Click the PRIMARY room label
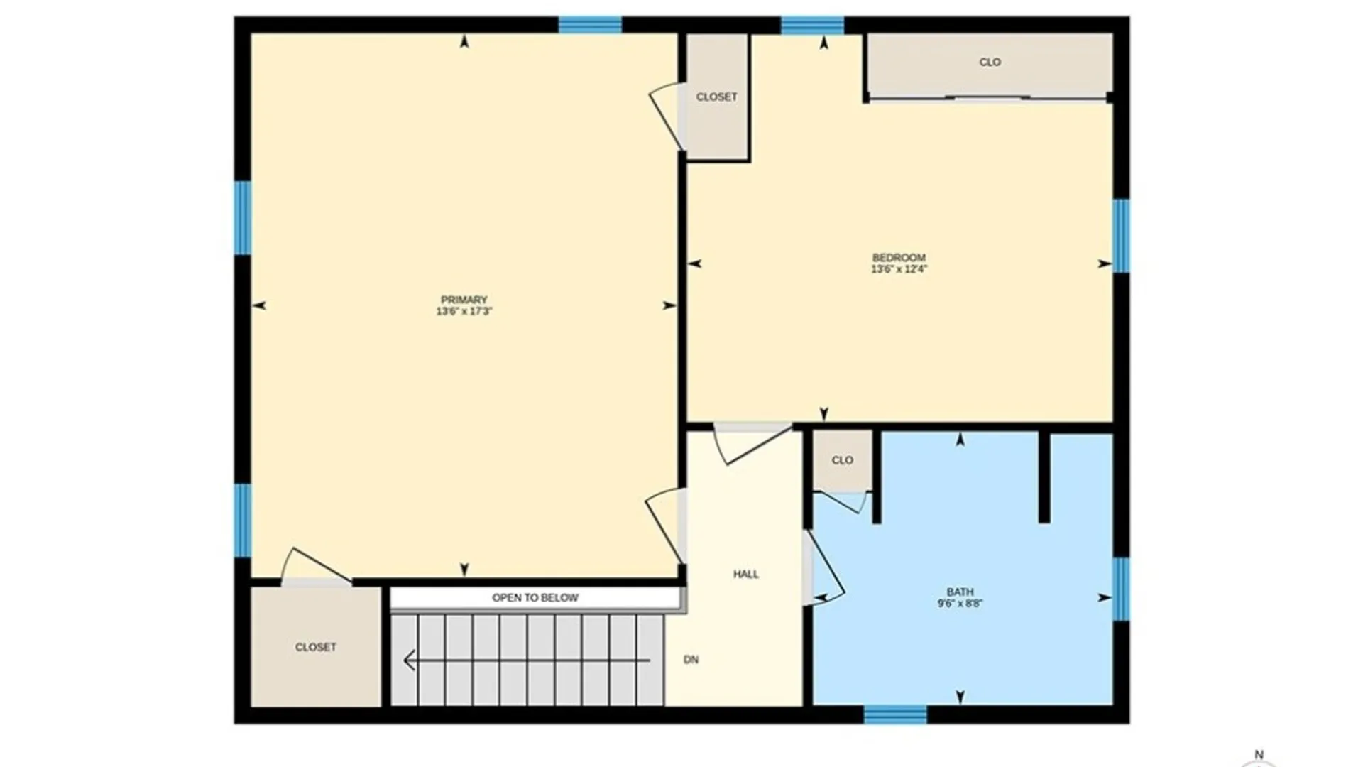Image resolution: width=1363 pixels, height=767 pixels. (464, 300)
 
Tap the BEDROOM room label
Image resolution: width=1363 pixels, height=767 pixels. (899, 257)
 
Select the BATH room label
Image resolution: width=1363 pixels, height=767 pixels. (960, 592)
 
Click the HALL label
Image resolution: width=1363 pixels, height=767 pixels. (746, 574)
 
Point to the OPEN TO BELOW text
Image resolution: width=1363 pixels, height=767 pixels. (535, 598)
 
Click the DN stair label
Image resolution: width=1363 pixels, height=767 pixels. (691, 660)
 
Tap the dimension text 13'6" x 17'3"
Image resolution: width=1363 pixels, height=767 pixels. (464, 311)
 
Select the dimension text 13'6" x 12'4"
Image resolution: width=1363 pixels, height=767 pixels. (899, 269)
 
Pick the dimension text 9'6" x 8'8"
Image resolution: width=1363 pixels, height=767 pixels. (960, 604)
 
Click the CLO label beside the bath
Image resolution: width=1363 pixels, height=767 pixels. (843, 460)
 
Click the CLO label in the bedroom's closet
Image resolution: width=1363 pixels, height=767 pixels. (990, 62)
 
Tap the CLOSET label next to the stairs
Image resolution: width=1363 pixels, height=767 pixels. (316, 647)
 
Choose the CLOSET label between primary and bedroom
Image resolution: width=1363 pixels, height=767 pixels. (716, 97)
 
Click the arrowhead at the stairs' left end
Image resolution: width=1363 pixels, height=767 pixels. (408, 660)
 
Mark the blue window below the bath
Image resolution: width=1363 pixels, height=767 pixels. (895, 714)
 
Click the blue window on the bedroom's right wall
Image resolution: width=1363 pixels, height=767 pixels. (1121, 236)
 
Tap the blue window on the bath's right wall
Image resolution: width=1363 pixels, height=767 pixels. (1121, 589)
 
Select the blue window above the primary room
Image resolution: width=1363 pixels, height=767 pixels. (590, 25)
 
